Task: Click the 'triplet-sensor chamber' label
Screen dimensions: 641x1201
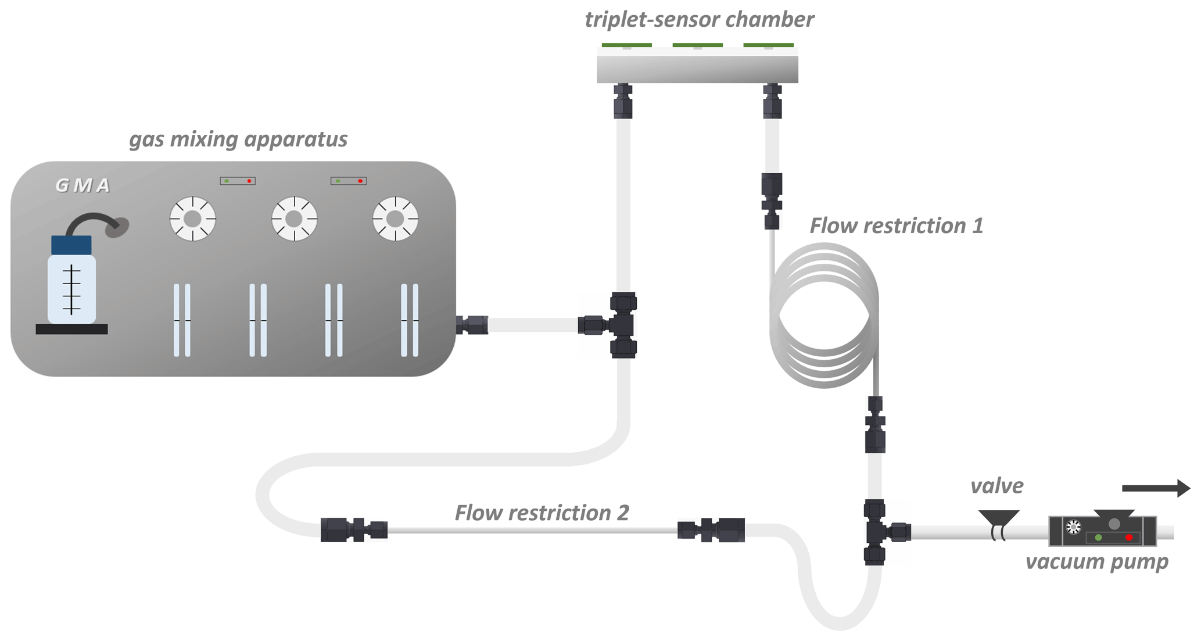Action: [699, 20]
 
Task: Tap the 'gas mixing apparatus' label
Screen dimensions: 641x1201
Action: [238, 139]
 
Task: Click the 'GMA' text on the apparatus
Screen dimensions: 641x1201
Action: [83, 185]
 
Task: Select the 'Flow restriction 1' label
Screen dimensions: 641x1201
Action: [896, 226]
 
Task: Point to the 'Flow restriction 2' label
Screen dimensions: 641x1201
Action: [542, 513]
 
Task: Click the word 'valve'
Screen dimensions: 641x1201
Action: [996, 486]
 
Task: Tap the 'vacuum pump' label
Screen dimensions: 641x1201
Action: [1096, 562]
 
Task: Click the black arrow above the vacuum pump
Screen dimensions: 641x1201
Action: [1156, 488]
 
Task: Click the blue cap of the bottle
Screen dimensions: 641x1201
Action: [71, 245]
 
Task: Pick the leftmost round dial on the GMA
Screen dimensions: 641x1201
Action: [193, 219]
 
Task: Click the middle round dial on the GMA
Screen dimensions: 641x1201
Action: [295, 219]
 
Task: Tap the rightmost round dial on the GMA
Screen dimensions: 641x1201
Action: [396, 219]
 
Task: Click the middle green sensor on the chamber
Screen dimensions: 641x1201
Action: [697, 45]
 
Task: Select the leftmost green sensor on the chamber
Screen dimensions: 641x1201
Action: [626, 45]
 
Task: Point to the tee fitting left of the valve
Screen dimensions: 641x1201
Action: [878, 532]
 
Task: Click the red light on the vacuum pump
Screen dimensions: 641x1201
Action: [1129, 538]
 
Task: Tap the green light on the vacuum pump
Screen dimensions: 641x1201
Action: [1098, 538]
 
